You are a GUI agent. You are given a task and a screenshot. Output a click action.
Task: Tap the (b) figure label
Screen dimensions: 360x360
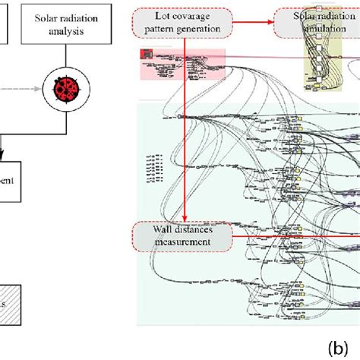tap(339, 348)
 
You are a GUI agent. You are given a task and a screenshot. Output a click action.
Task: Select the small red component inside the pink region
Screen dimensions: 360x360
tap(146, 54)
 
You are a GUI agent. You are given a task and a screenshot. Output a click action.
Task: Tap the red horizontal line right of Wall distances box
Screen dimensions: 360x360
tap(296, 235)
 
